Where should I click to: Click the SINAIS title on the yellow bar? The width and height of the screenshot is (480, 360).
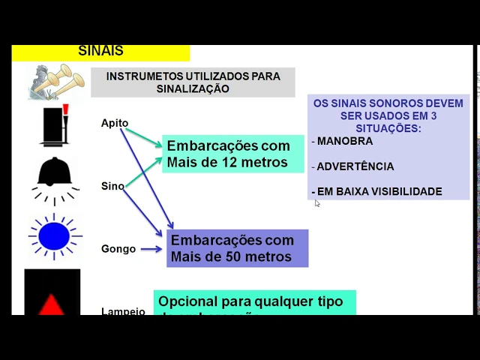[x=100, y=51]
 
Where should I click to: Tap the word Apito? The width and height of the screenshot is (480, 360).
[x=115, y=123]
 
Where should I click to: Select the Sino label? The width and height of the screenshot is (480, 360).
[x=112, y=186]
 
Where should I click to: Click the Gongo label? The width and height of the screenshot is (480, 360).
[x=118, y=249]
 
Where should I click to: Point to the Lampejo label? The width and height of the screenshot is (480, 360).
[x=123, y=310]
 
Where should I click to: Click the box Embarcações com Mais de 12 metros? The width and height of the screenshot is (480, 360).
[x=232, y=154]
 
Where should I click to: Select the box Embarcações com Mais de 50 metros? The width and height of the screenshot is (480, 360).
[x=237, y=248]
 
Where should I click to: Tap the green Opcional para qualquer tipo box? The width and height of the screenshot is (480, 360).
[x=254, y=303]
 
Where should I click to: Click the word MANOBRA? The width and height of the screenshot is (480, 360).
[x=344, y=141]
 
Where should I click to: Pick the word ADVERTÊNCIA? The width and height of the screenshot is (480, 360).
[x=355, y=166]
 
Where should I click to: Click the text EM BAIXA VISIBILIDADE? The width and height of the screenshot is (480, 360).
[x=379, y=191]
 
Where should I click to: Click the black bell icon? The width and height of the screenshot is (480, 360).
[x=55, y=175]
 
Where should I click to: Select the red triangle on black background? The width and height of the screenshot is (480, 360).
[x=52, y=304]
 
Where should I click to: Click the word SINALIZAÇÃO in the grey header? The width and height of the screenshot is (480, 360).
[x=193, y=88]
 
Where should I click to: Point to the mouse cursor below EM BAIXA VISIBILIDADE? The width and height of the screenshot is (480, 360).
[x=317, y=203]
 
